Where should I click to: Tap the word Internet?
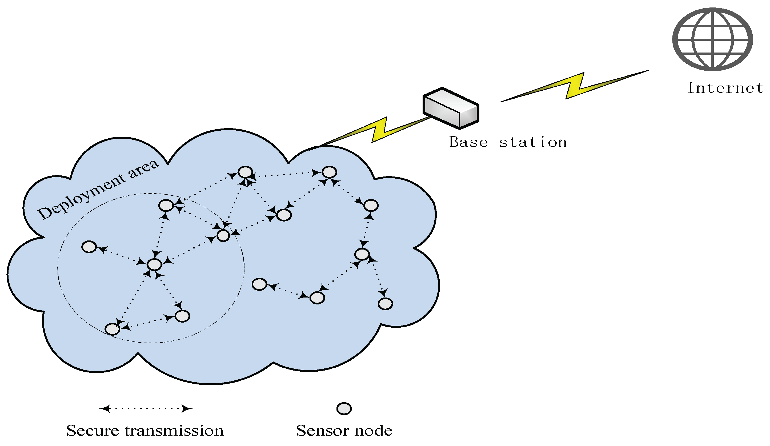coord(725,88)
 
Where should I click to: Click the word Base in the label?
coord(468,142)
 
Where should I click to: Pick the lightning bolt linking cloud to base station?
coord(379,130)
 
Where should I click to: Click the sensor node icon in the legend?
coord(344,409)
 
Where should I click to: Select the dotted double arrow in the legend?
coord(146,409)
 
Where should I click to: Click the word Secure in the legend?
coord(92,431)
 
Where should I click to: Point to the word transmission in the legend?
coord(174,431)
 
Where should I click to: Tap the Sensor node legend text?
coord(344,431)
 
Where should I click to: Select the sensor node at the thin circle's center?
coord(154,264)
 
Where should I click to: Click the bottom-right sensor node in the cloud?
coord(385,304)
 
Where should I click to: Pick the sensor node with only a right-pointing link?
coord(259,284)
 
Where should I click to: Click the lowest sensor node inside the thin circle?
coord(113,329)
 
